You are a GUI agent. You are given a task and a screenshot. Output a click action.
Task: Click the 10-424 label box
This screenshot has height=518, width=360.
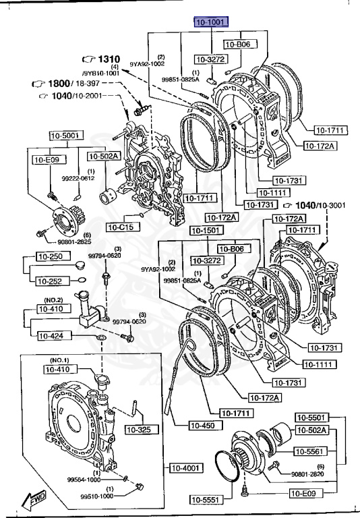coord(53,335)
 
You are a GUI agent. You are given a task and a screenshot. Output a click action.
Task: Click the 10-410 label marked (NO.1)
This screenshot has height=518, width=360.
coord(60,369)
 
